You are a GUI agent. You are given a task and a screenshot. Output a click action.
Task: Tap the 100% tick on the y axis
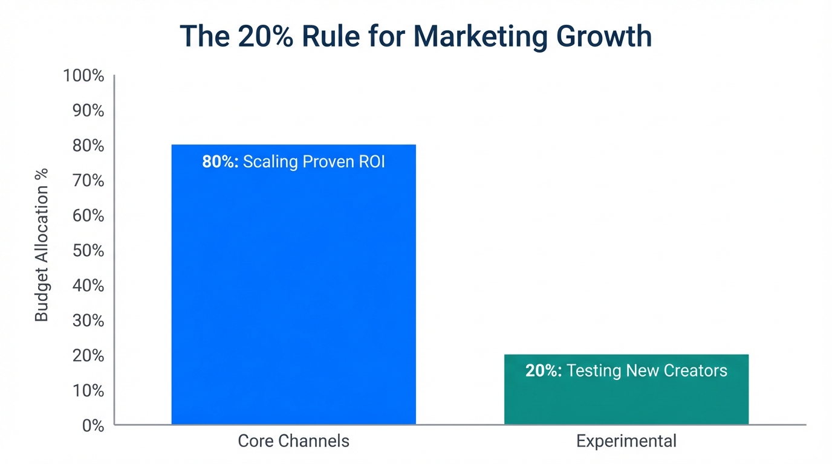(x=83, y=76)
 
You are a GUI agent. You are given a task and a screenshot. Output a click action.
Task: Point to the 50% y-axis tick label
(x=88, y=251)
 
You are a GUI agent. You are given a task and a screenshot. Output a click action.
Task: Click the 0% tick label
(x=93, y=425)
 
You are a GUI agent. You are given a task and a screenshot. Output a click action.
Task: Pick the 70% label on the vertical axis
(x=88, y=181)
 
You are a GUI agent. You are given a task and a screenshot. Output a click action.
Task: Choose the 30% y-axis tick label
(x=88, y=321)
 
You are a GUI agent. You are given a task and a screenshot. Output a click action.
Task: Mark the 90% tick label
(x=88, y=111)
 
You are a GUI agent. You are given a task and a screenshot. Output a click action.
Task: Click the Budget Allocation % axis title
(x=41, y=245)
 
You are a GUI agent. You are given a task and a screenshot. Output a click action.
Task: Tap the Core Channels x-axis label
(x=293, y=441)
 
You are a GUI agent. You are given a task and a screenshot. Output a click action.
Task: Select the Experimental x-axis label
(x=626, y=441)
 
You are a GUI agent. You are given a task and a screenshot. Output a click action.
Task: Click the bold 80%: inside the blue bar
(x=220, y=163)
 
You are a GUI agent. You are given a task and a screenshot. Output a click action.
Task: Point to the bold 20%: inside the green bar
(x=544, y=370)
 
